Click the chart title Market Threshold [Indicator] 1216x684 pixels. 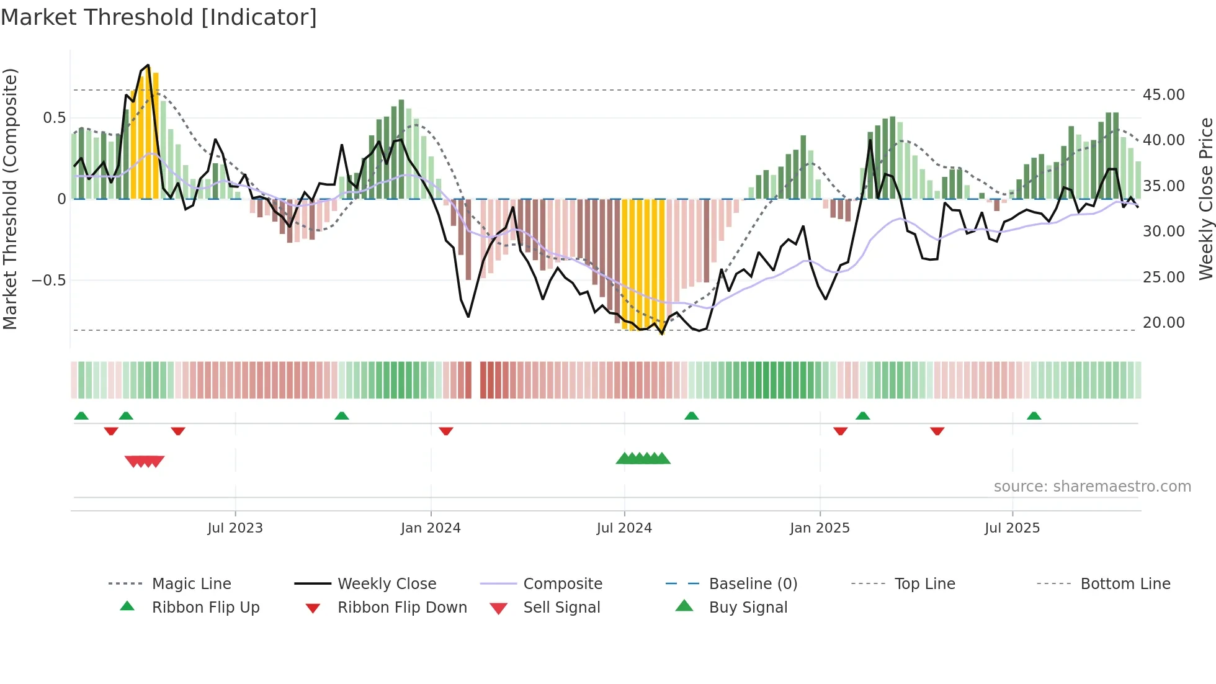tap(159, 17)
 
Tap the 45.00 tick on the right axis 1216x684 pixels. tap(1163, 95)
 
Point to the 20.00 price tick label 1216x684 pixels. tap(1163, 323)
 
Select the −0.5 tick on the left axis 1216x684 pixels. tap(49, 281)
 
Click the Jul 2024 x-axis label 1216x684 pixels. tap(624, 528)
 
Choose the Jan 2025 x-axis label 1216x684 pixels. tap(820, 528)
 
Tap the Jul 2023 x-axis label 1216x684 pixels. tap(235, 528)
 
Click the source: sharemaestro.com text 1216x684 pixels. tap(1092, 487)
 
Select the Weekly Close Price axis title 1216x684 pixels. tap(1205, 199)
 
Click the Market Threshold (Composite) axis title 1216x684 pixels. tap(10, 199)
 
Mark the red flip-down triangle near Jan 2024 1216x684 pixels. tap(446, 431)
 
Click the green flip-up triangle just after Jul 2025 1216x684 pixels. tap(1034, 416)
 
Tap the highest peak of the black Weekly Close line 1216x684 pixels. tap(148, 65)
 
